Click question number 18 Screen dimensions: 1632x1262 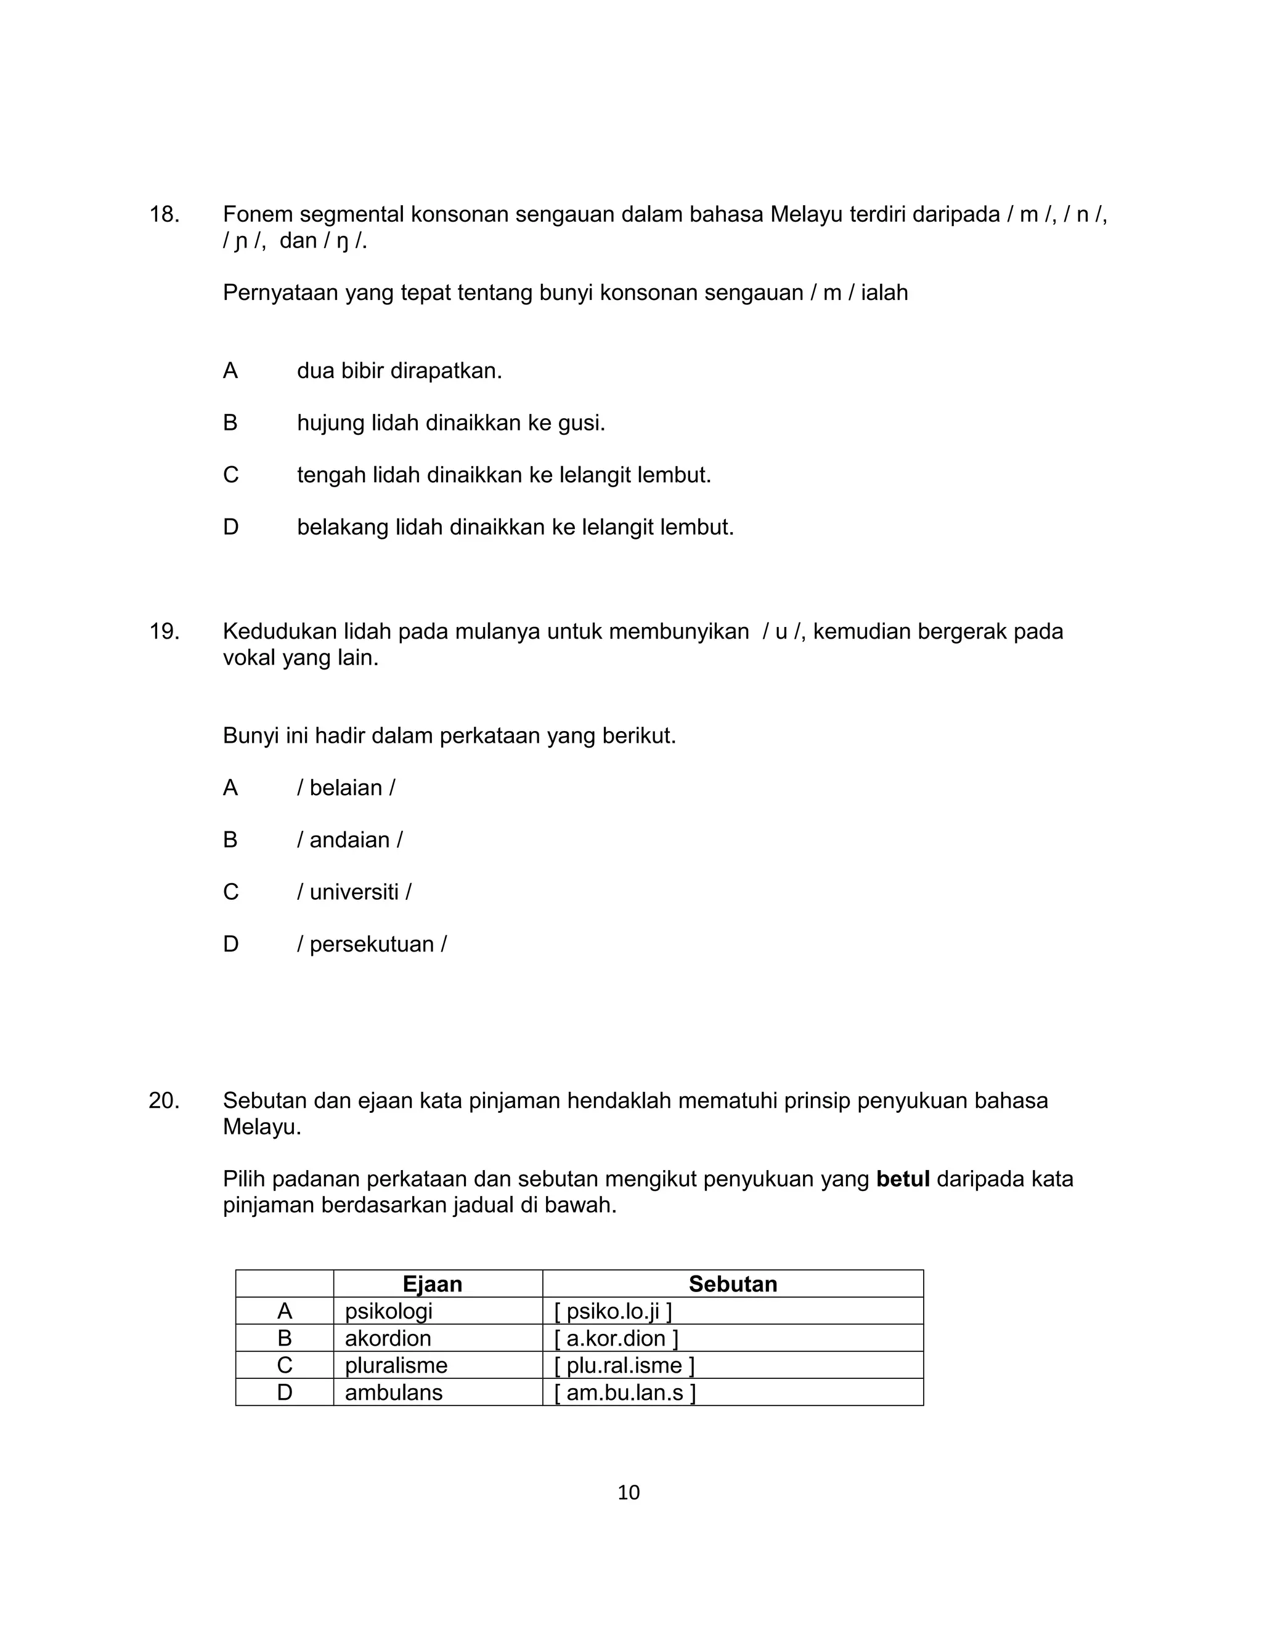pyautogui.click(x=164, y=214)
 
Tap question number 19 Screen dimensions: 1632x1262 pyautogui.click(x=164, y=631)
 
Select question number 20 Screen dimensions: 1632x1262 pyautogui.click(x=164, y=1101)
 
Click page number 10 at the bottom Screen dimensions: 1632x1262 pyautogui.click(x=629, y=1492)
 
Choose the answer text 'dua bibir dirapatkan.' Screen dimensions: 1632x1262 pyautogui.click(x=399, y=371)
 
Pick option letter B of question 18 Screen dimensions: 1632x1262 pyautogui.click(x=230, y=423)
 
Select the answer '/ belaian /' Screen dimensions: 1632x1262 pyautogui.click(x=346, y=788)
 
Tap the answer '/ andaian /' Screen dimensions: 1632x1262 pyautogui.click(x=350, y=840)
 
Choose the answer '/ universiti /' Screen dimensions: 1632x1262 pyautogui.click(x=354, y=892)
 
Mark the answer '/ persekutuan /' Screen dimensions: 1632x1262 pyautogui.click(x=372, y=945)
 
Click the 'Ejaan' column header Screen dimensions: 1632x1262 pyautogui.click(x=432, y=1284)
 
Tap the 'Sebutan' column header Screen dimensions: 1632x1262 pyautogui.click(x=733, y=1284)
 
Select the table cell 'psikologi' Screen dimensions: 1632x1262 pyautogui.click(x=388, y=1311)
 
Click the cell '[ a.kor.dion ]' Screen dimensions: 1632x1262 pyautogui.click(x=616, y=1338)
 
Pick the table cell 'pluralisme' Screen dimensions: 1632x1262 pyautogui.click(x=396, y=1365)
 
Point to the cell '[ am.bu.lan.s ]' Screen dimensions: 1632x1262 pyautogui.click(x=625, y=1392)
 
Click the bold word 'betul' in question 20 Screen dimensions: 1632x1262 pyautogui.click(x=902, y=1179)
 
